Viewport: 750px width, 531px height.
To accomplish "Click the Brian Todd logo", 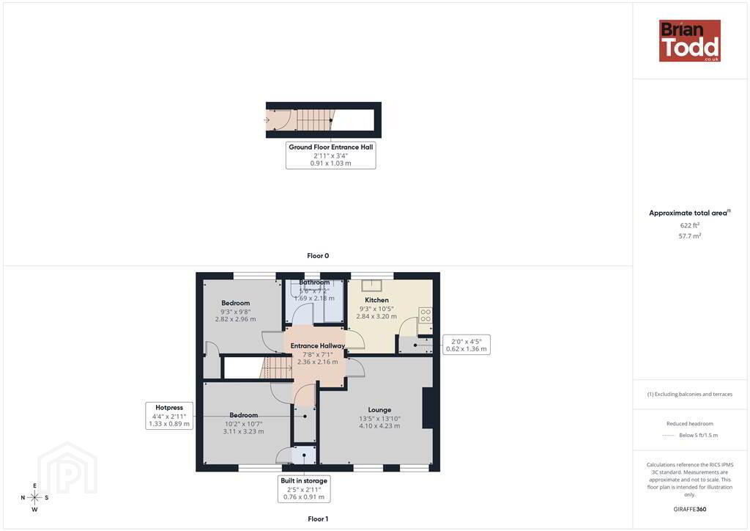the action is point(689,40).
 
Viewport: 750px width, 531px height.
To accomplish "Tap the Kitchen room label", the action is point(376,300).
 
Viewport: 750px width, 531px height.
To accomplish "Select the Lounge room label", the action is point(380,410).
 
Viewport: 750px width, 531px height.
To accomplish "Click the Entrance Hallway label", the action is point(318,345).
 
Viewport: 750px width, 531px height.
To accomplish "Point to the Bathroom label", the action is point(314,282).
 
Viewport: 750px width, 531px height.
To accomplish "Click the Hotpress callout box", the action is point(169,416).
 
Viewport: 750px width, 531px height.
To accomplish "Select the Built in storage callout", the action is point(304,489).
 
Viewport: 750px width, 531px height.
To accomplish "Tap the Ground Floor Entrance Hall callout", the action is point(330,155).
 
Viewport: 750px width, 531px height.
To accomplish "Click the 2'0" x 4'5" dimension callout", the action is point(467,345).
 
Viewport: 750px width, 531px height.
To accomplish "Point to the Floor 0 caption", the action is point(318,256).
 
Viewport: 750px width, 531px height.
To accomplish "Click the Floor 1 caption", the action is point(318,519).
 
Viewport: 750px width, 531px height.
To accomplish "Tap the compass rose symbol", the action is point(35,497).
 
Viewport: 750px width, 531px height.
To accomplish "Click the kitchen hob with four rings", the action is point(426,315).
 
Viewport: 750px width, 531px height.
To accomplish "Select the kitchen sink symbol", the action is point(371,285).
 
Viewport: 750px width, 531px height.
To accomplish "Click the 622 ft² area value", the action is point(690,225).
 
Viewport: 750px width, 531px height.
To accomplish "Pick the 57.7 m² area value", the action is point(690,236).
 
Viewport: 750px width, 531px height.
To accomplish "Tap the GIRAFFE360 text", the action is point(690,509).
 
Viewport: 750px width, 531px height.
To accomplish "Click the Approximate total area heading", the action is point(690,213).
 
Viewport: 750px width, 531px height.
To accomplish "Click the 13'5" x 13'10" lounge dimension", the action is point(380,419).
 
